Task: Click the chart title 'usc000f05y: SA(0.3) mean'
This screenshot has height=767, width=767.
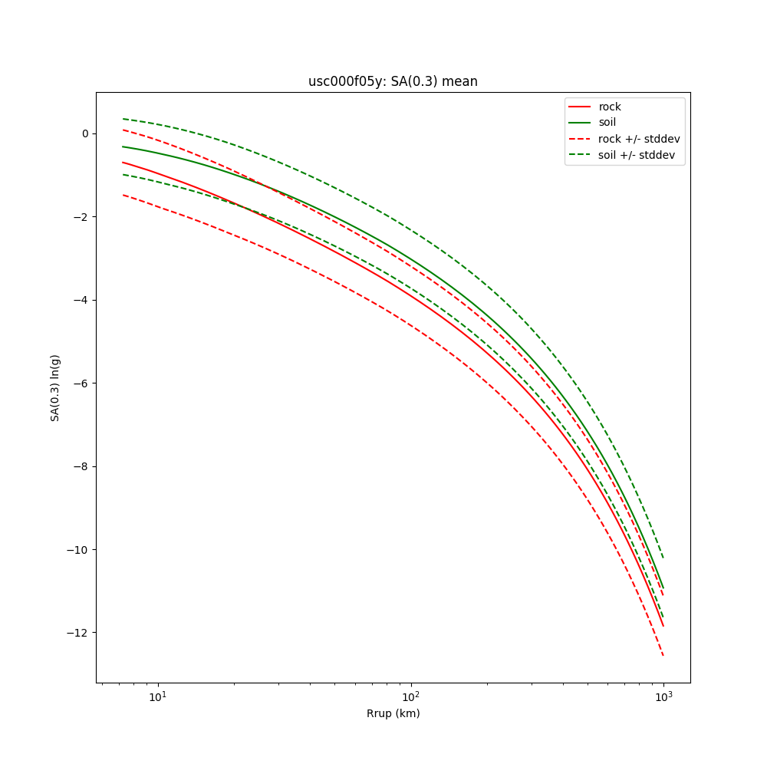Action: coord(393,81)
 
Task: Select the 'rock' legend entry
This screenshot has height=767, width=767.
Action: coord(610,107)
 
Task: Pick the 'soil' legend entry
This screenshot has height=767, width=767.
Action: coord(607,123)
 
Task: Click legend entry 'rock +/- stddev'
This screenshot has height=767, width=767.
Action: coord(639,139)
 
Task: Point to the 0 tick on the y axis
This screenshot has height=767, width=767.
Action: coord(84,133)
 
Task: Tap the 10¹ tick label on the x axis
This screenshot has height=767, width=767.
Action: coord(158,696)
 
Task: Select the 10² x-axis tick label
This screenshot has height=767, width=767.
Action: coord(411,696)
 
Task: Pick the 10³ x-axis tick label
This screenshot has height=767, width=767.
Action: coord(663,696)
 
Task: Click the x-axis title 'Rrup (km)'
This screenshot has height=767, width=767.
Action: coord(393,713)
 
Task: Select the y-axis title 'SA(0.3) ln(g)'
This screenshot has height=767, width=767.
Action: coord(55,387)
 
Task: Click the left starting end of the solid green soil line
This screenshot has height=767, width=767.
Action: coord(123,146)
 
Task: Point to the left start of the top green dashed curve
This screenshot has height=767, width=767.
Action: coord(123,119)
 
